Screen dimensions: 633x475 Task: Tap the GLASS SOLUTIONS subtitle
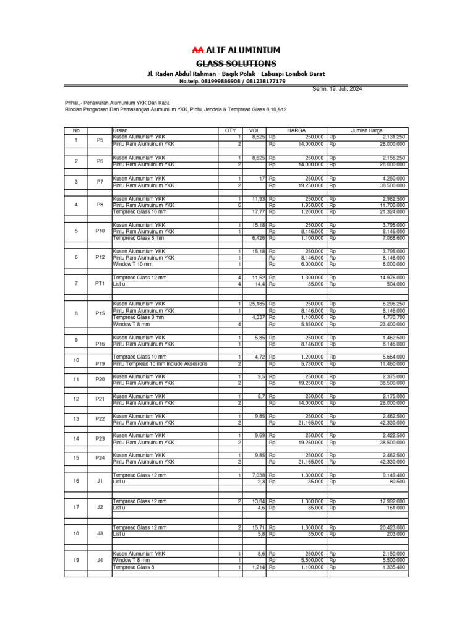pos(236,64)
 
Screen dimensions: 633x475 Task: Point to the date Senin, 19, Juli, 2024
pos(337,89)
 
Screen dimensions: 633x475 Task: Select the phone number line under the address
pos(232,81)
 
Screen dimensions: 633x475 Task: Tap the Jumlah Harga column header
pos(367,130)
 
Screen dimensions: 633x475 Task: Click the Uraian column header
pos(120,130)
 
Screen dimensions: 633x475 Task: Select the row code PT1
pos(100,283)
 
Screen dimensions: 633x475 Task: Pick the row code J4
pos(100,560)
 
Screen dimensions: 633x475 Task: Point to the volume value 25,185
pos(257,304)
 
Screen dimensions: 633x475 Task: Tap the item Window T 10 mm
pos(132,264)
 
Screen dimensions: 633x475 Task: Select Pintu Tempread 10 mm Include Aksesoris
pos(160,364)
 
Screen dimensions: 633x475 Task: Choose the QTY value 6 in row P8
pos(239,205)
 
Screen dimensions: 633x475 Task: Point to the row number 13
pos(76,419)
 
